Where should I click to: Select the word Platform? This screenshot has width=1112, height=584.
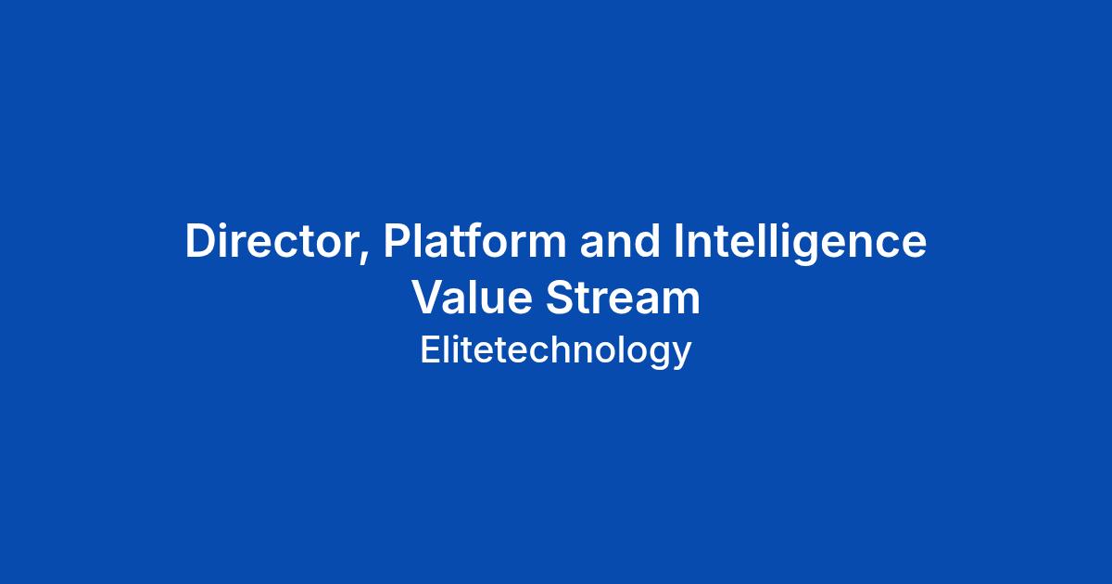(474, 240)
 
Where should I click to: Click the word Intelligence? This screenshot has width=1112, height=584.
(800, 243)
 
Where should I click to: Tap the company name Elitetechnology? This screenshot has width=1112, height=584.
(555, 351)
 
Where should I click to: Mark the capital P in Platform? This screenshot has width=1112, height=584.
(398, 241)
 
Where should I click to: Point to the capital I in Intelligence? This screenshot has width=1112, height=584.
(677, 241)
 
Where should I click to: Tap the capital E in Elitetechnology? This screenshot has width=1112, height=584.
(430, 350)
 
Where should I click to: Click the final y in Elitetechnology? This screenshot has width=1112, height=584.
(681, 357)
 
